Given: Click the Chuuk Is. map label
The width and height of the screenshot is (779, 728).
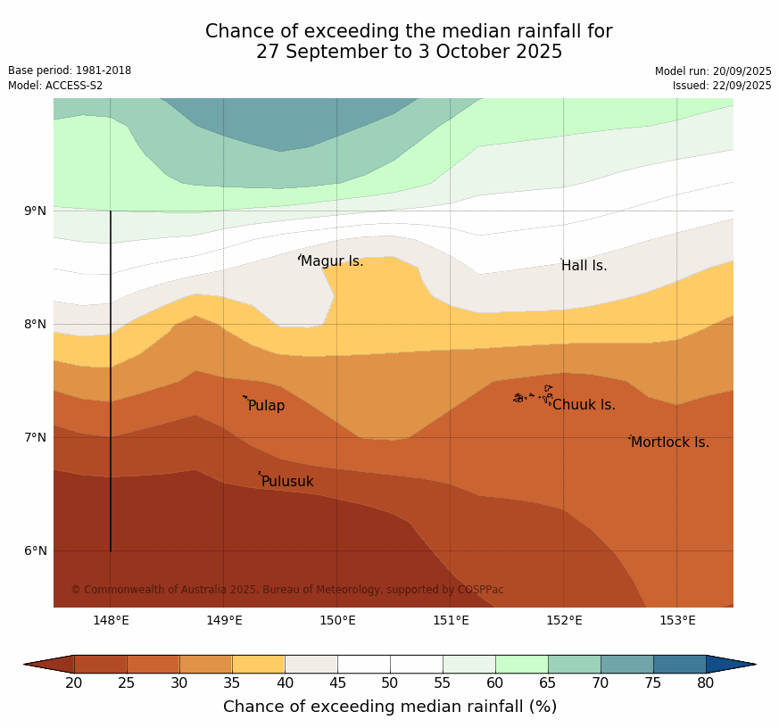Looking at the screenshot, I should click(584, 405).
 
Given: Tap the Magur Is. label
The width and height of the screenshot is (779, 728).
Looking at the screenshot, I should click(332, 261).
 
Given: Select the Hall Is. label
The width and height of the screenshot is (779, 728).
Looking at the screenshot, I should click(584, 266).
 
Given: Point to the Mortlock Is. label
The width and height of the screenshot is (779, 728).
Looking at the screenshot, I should click(669, 443).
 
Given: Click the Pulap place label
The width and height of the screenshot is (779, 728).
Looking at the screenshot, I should click(266, 406).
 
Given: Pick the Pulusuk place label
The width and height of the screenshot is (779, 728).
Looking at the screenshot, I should click(287, 482).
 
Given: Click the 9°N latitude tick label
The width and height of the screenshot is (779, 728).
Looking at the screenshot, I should click(36, 211).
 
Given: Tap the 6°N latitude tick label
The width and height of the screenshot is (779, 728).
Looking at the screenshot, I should click(36, 551).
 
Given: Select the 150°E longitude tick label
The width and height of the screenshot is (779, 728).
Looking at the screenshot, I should click(337, 620).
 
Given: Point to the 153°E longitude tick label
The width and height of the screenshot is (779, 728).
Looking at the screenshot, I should click(677, 620).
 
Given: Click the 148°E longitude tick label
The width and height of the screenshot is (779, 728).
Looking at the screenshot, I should click(111, 620).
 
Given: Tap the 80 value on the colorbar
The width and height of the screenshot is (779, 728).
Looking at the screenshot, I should click(705, 683).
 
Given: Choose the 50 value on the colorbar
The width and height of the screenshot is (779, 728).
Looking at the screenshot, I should click(390, 683).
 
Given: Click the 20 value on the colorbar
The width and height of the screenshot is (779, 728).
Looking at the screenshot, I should click(74, 683).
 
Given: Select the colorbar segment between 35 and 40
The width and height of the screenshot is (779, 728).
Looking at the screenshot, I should click(259, 664).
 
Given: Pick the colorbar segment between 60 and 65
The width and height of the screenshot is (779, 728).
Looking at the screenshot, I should click(521, 664).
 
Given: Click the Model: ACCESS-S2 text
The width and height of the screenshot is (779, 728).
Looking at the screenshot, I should click(55, 86).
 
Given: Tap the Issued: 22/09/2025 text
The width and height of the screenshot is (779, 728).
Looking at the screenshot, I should click(722, 86).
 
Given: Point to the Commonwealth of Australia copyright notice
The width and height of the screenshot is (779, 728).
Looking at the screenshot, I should click(287, 590).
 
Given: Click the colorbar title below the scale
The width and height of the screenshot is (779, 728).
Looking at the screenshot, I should click(390, 707).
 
